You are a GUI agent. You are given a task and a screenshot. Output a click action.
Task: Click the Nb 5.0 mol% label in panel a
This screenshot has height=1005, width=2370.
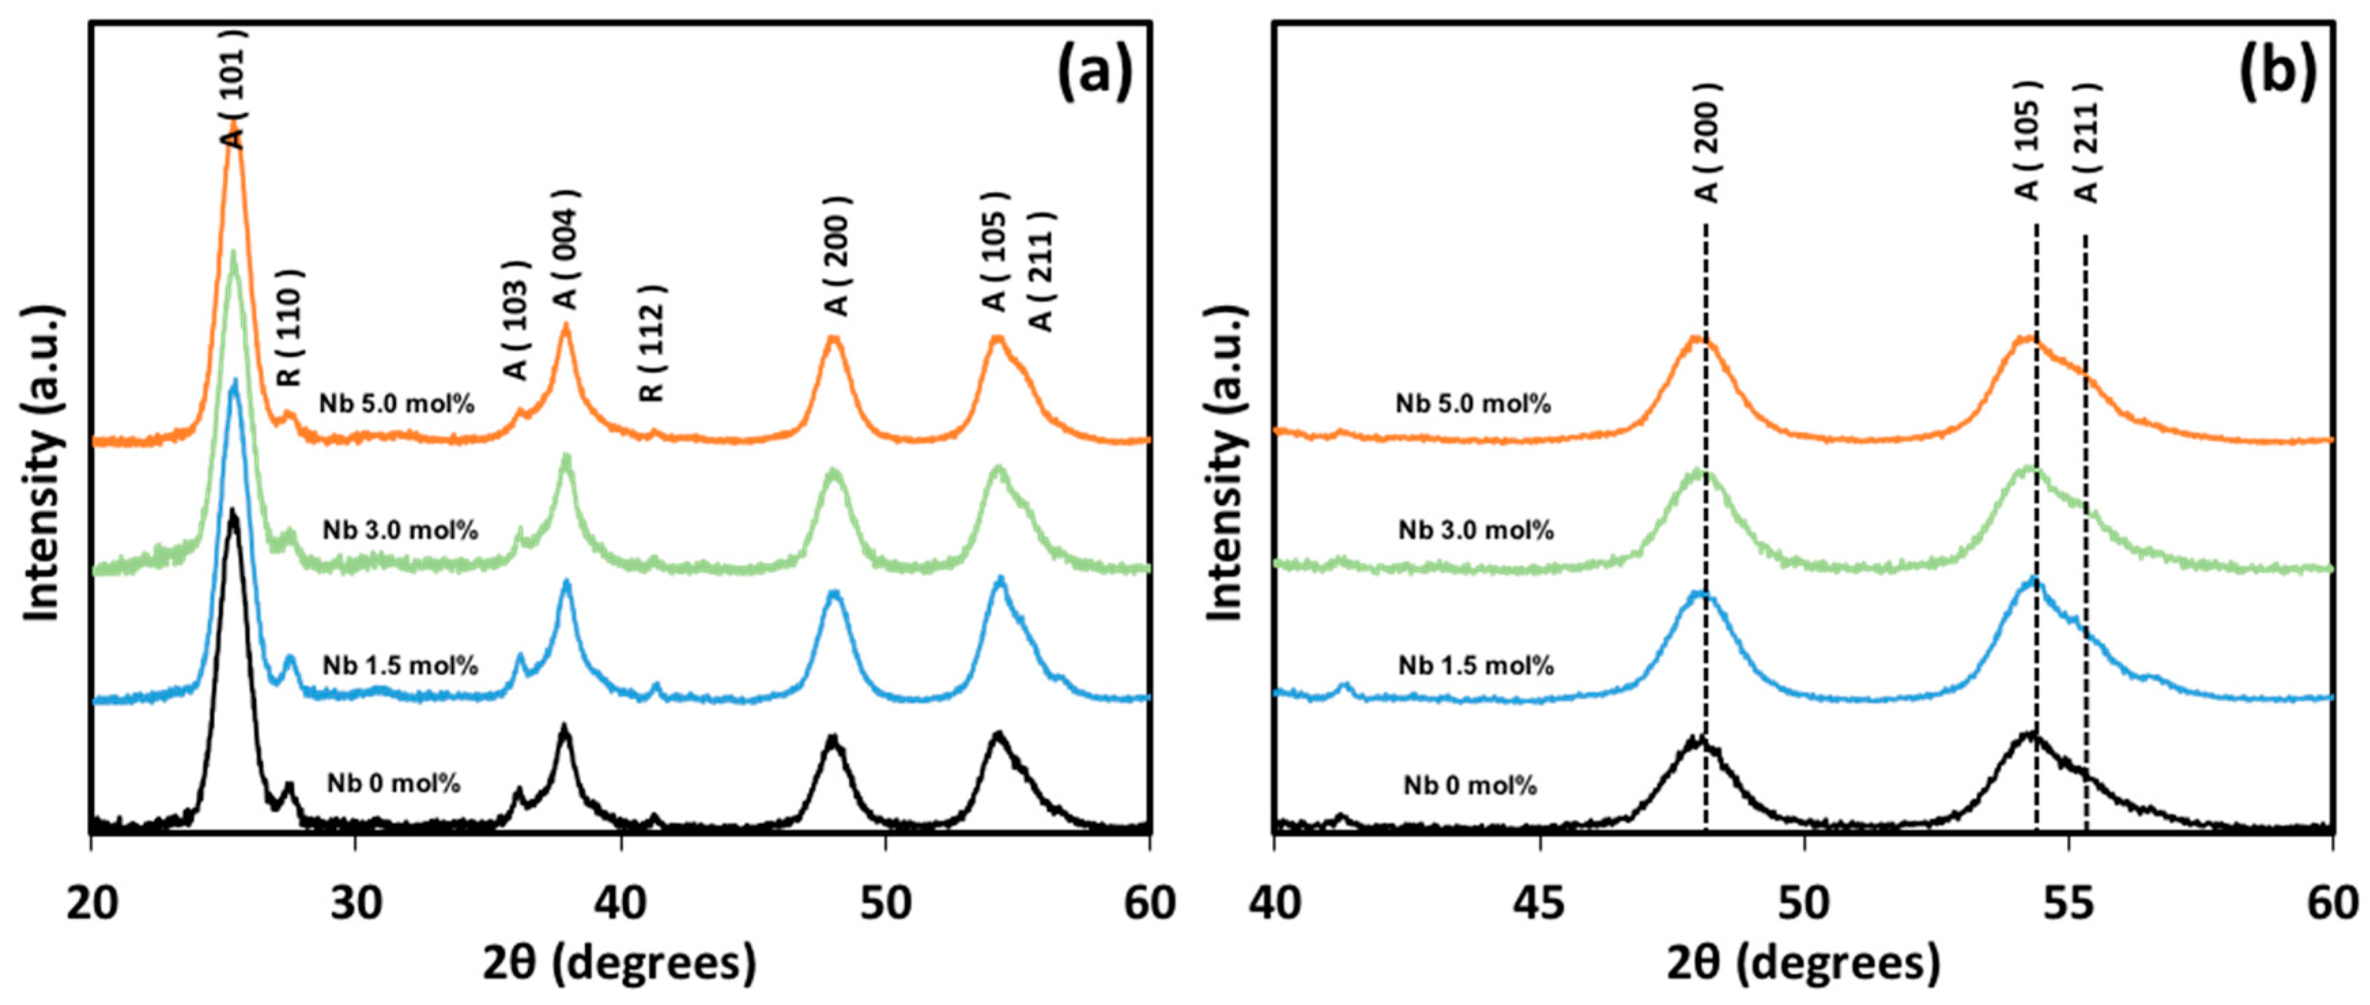tap(397, 403)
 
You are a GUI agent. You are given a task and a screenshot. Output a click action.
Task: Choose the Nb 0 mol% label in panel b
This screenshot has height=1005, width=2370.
tap(1469, 785)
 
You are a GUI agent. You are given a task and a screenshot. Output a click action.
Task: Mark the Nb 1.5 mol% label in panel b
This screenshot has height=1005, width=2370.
tap(1475, 665)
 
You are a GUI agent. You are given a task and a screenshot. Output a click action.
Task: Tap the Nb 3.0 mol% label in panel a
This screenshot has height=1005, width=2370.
tap(400, 530)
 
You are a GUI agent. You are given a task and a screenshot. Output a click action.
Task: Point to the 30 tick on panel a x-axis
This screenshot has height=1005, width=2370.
tap(356, 903)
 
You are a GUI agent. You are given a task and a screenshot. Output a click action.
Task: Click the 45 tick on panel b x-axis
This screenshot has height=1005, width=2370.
tap(1539, 903)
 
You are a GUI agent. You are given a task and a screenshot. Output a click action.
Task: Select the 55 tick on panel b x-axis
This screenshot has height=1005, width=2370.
tap(2068, 903)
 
